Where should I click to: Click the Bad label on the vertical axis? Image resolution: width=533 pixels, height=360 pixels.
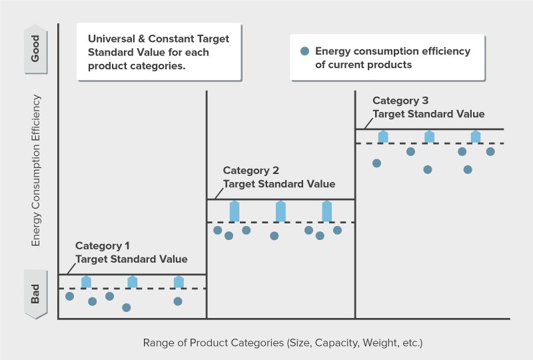point(36,294)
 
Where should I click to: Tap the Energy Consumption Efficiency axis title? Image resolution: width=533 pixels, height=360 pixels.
point(37,171)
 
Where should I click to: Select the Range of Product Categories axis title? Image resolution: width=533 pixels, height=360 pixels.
point(283,343)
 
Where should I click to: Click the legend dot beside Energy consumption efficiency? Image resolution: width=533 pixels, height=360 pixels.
point(304,51)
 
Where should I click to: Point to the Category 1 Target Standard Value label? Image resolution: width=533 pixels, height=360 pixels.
point(131,253)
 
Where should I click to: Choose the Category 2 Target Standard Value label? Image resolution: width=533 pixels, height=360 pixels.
point(278,177)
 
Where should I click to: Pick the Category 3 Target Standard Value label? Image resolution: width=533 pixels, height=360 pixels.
point(428,107)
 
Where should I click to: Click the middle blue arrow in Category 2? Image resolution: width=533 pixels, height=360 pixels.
point(280,211)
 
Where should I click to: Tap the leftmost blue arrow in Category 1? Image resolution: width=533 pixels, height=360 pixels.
point(86,281)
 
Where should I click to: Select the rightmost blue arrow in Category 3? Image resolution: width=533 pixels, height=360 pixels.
point(476,137)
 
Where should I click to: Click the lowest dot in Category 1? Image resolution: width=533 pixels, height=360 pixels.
point(127,307)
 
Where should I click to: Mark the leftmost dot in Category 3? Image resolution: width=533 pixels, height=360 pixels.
point(376,163)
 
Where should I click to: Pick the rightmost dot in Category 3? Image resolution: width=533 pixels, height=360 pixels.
point(490,151)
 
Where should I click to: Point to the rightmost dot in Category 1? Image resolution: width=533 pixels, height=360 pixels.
point(178,301)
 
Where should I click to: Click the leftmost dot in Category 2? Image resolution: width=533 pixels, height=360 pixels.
point(217,230)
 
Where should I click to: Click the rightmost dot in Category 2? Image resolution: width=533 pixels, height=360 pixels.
point(337,230)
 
